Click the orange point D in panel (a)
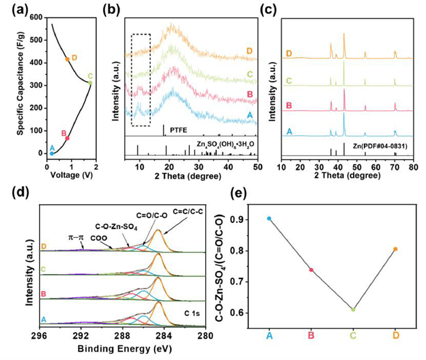(x=68, y=59)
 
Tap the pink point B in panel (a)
(x=68, y=138)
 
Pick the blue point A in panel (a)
(x=52, y=154)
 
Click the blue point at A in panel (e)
(x=269, y=218)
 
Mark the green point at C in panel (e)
(x=353, y=309)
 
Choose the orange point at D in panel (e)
(x=395, y=249)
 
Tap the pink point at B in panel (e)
(x=311, y=270)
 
